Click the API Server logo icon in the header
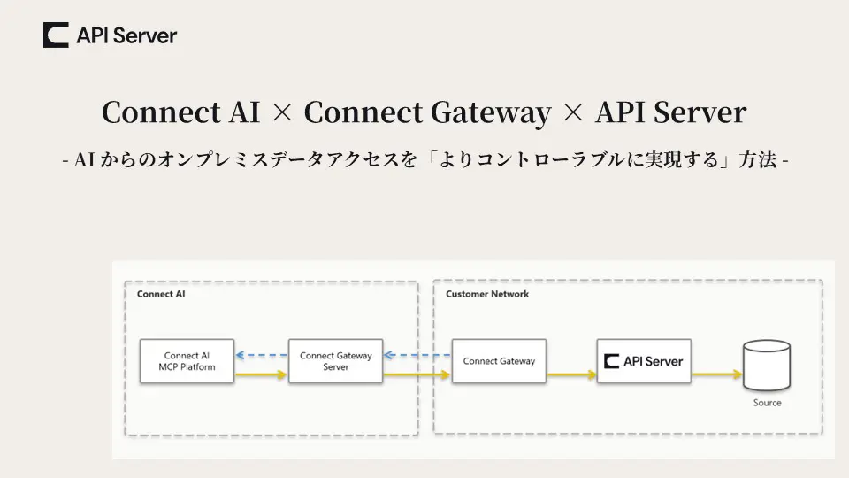(x=56, y=35)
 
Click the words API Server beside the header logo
(x=126, y=35)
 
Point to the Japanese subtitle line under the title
(x=424, y=161)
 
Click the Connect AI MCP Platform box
(x=187, y=361)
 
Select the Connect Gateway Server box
(x=336, y=361)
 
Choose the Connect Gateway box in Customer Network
(x=499, y=361)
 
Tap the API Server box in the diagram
(x=644, y=361)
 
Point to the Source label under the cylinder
(x=767, y=403)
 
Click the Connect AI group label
(x=161, y=294)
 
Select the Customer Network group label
(x=487, y=294)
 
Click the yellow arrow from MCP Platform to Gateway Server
(x=262, y=375)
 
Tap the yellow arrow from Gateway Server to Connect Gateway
(x=417, y=375)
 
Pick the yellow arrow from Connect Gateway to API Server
(x=571, y=375)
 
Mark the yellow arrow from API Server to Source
(x=716, y=375)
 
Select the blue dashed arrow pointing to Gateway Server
(x=417, y=356)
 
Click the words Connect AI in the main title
(x=172, y=112)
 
